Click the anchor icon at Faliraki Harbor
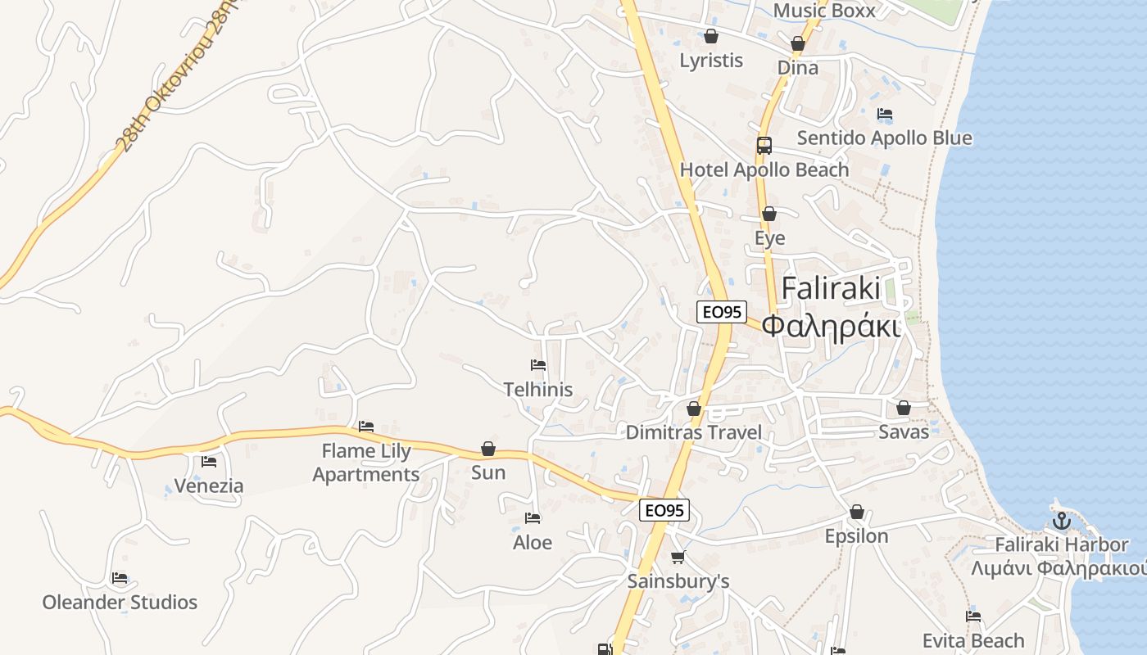[1062, 520]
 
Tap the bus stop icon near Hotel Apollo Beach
[764, 146]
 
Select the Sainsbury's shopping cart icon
[678, 558]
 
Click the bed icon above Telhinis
[538, 365]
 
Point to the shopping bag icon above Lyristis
[711, 36]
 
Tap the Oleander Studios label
[120, 603]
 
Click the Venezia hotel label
[209, 486]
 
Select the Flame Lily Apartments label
[366, 463]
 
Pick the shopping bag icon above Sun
[488, 449]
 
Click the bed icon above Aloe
[533, 518]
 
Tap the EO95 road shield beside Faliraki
[721, 312]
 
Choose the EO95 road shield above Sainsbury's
[664, 511]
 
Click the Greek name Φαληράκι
[831, 326]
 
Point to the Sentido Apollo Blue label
[884, 138]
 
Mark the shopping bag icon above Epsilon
[857, 513]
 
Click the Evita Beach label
[973, 640]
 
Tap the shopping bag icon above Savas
[904, 408]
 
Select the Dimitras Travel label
[694, 432]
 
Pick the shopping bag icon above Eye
[769, 215]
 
